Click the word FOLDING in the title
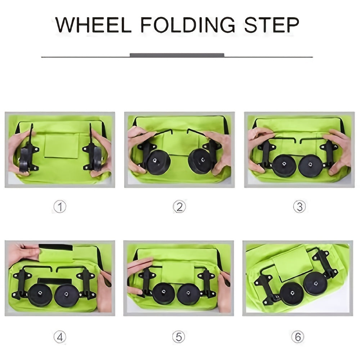[x=188, y=25]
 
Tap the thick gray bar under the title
[x=177, y=55]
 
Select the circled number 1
[x=60, y=207]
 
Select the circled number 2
[x=179, y=207]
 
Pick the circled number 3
[x=299, y=207]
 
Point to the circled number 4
[x=60, y=337]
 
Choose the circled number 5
[x=179, y=337]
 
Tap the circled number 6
[x=297, y=337]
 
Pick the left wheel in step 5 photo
[x=163, y=293]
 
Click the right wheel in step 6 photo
[x=315, y=283]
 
